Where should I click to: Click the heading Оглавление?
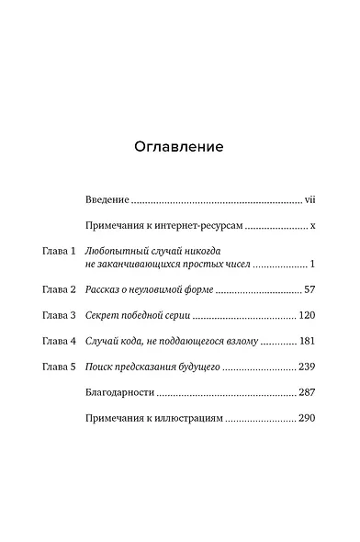click(x=179, y=147)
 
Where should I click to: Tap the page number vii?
click(x=309, y=198)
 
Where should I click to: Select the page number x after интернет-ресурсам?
click(x=313, y=224)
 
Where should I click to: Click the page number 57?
click(x=309, y=289)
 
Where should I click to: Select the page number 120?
click(x=307, y=315)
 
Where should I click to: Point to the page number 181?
click(x=307, y=341)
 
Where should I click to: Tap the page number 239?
click(x=307, y=367)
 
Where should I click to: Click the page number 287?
click(x=307, y=392)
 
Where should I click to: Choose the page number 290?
click(x=307, y=418)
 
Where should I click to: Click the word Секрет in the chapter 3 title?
click(x=100, y=315)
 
